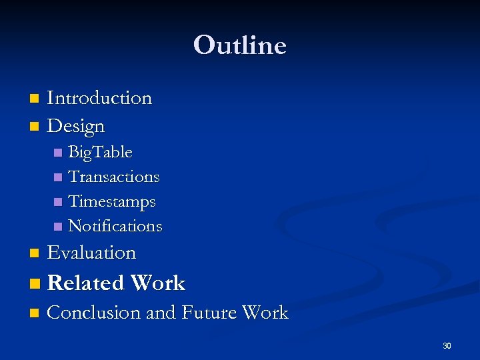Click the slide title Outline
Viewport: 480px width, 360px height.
pyautogui.click(x=239, y=45)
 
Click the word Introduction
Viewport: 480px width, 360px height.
pyautogui.click(x=99, y=98)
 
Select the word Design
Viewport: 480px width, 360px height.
pyautogui.click(x=76, y=125)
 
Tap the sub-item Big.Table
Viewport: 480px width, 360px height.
pyautogui.click(x=100, y=153)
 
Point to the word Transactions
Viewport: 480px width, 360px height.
pyautogui.click(x=114, y=177)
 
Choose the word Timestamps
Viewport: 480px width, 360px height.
pyautogui.click(x=112, y=201)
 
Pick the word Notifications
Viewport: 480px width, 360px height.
pyautogui.click(x=115, y=226)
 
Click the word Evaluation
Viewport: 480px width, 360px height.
pyautogui.click(x=91, y=253)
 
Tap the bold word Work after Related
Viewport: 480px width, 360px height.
pyautogui.click(x=158, y=283)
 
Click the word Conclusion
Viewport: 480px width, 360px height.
pyautogui.click(x=93, y=313)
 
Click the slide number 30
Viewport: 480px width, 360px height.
pyautogui.click(x=447, y=345)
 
